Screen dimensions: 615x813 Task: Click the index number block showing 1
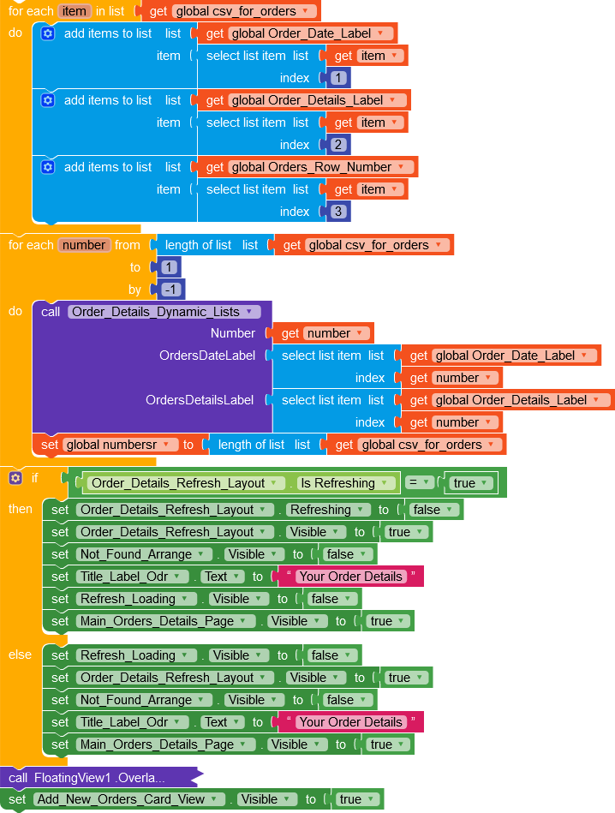pos(338,78)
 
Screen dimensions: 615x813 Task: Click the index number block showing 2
pos(338,145)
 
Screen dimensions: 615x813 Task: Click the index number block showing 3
pos(338,212)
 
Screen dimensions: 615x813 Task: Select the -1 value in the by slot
pos(170,290)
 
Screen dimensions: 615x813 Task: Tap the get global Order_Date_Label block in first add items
pos(297,33)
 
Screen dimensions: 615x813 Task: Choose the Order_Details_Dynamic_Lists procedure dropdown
pos(163,312)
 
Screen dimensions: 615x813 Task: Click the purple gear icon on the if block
pos(15,478)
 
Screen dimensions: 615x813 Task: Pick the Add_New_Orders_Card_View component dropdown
pos(129,799)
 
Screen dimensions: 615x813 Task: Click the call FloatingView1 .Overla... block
pos(101,777)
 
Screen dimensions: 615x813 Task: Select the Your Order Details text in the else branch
pos(350,722)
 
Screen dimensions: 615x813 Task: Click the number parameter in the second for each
pos(84,245)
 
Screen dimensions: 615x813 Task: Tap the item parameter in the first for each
pos(75,11)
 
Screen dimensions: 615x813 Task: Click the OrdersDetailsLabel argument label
pos(200,400)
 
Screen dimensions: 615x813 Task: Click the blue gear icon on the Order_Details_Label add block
pos(48,100)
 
